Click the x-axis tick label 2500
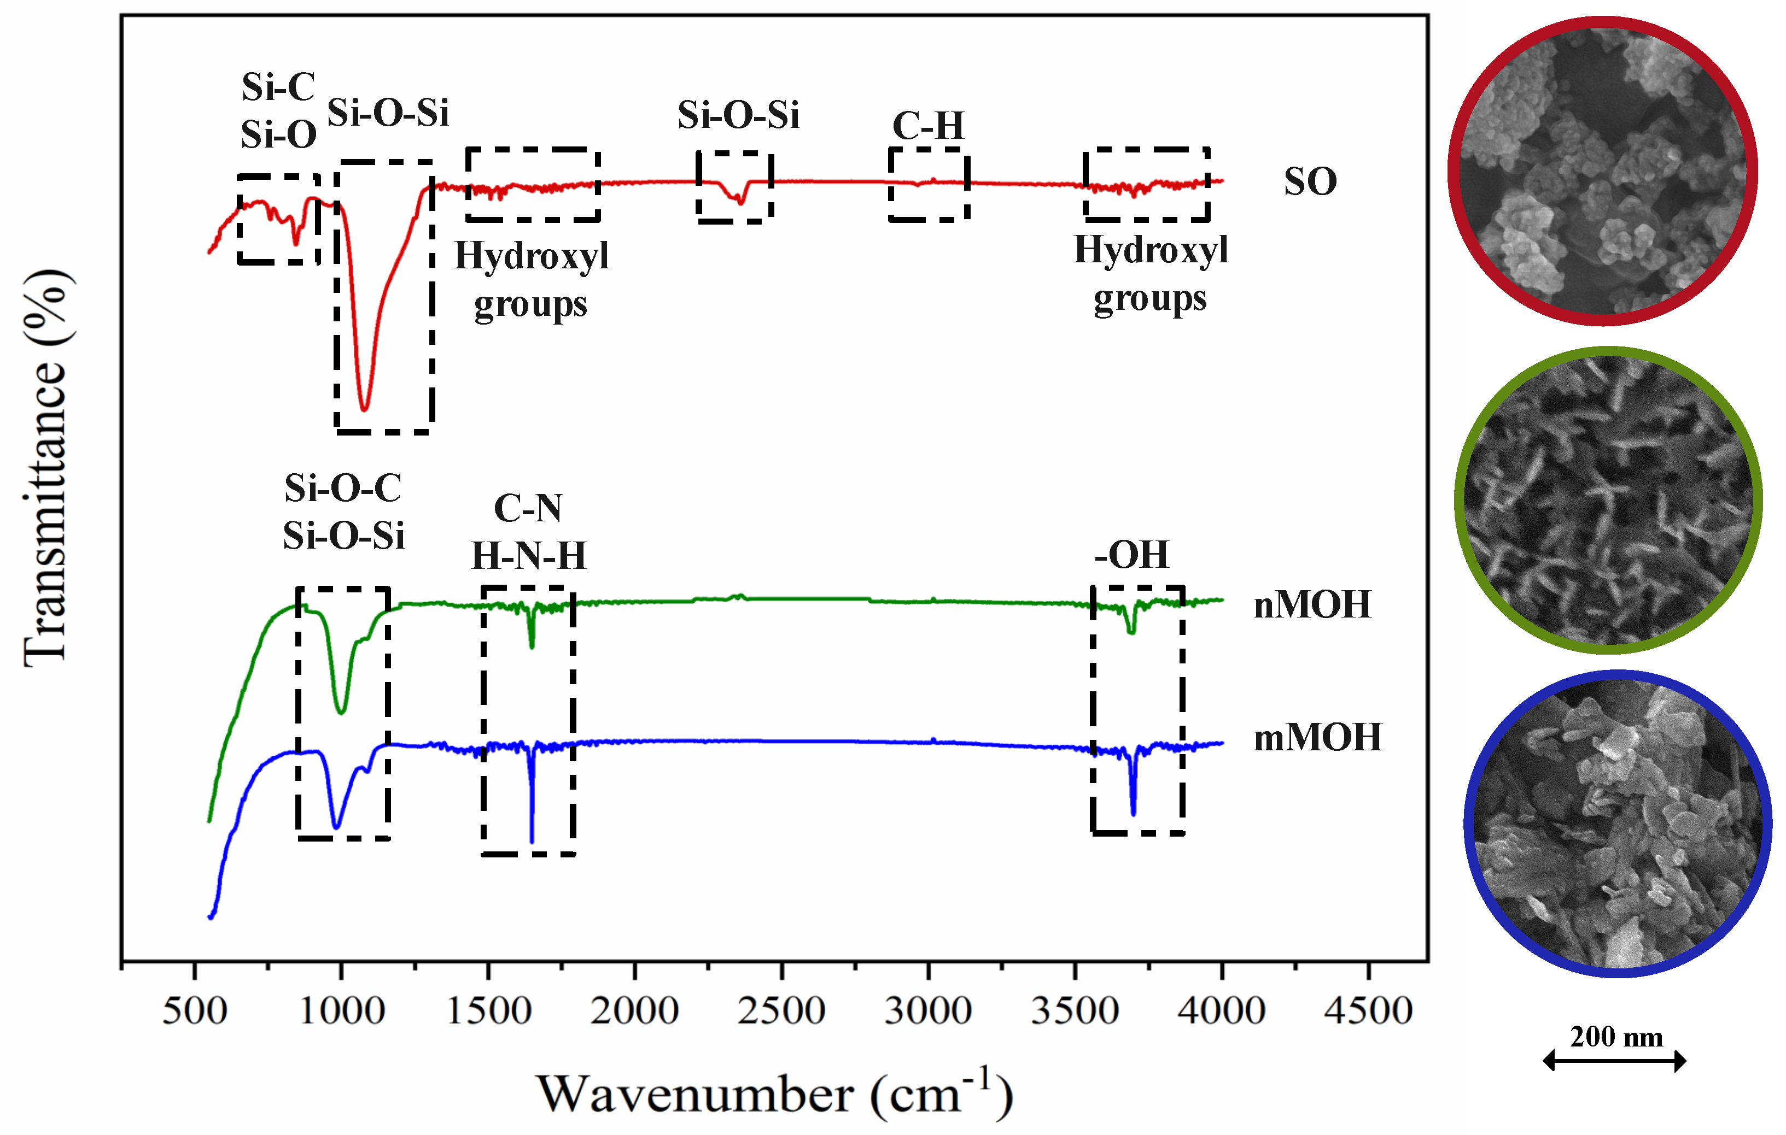[781, 1011]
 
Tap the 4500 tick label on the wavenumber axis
[1368, 1011]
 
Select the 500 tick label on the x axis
[194, 1011]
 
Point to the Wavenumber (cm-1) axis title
[774, 1093]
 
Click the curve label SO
[1310, 181]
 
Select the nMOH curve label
[1311, 605]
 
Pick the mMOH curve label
[1317, 738]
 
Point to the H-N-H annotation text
[529, 555]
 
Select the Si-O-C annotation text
[343, 488]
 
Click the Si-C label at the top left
[278, 87]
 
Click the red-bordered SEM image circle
[1602, 170]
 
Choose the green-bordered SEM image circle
[1608, 501]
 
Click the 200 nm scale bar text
[1616, 1037]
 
